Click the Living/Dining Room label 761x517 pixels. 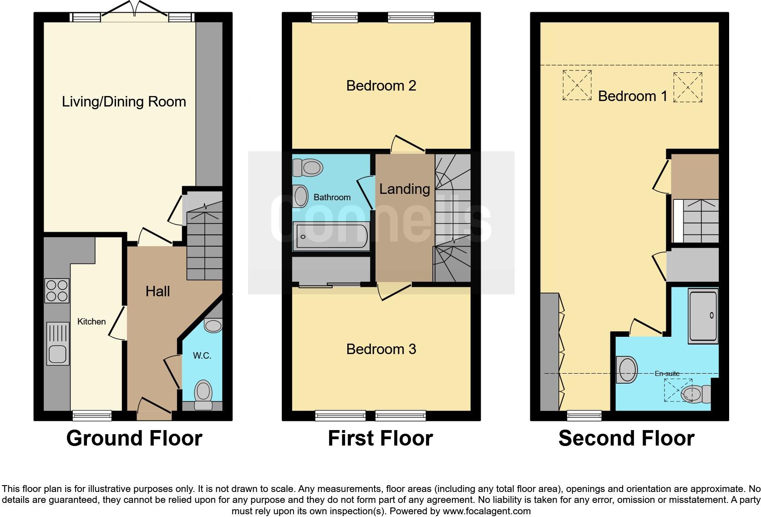click(x=124, y=101)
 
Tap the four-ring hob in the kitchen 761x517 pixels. click(x=57, y=290)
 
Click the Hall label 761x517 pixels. click(x=157, y=291)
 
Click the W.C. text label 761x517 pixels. click(x=202, y=355)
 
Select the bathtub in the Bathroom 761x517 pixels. click(x=331, y=237)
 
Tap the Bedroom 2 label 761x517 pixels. click(x=381, y=86)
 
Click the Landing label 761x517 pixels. click(x=405, y=189)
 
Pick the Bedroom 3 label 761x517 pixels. click(x=381, y=349)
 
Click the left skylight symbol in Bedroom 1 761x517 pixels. click(x=577, y=85)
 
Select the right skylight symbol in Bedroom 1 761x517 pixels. click(x=687, y=87)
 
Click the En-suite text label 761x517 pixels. click(x=667, y=374)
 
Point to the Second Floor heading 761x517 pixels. click(x=626, y=438)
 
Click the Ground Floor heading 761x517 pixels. click(x=134, y=438)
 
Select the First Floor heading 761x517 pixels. click(x=380, y=438)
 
